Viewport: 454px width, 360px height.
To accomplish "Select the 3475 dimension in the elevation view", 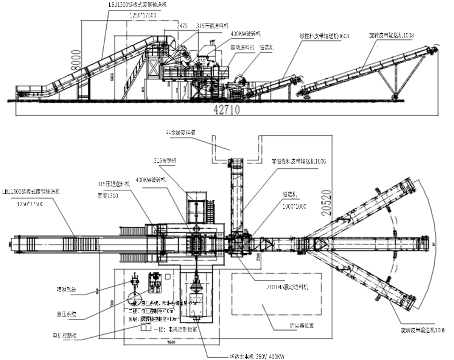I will [x=182, y=26].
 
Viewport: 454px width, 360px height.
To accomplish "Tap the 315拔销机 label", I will [x=165, y=161].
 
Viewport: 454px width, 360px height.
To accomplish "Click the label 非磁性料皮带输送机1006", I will [x=299, y=161].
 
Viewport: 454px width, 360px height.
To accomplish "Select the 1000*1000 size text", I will [x=294, y=207].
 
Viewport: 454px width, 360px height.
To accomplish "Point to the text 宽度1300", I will [x=107, y=196].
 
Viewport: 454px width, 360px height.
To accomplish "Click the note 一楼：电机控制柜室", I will [x=174, y=329].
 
